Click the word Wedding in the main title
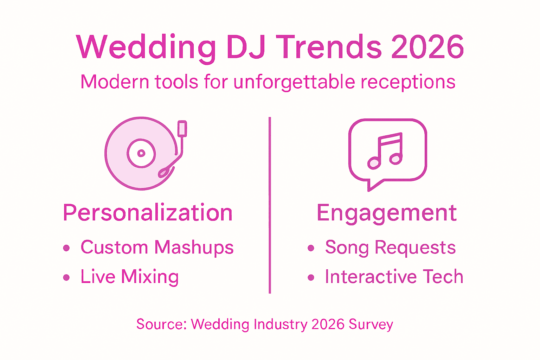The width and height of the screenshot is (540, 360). pyautogui.click(x=146, y=48)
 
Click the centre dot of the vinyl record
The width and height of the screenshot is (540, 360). pyautogui.click(x=141, y=153)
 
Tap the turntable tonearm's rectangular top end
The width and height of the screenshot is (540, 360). pyautogui.click(x=182, y=129)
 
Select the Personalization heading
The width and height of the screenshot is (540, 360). pyautogui.click(x=148, y=213)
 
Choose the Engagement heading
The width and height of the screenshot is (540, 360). pyautogui.click(x=386, y=213)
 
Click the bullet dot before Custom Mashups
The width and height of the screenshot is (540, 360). pyautogui.click(x=66, y=248)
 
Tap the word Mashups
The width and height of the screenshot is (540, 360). pyautogui.click(x=194, y=247)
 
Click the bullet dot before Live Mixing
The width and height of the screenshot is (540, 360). pyautogui.click(x=66, y=277)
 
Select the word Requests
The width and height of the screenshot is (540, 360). pyautogui.click(x=415, y=247)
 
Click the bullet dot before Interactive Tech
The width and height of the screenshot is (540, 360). pyautogui.click(x=311, y=277)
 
